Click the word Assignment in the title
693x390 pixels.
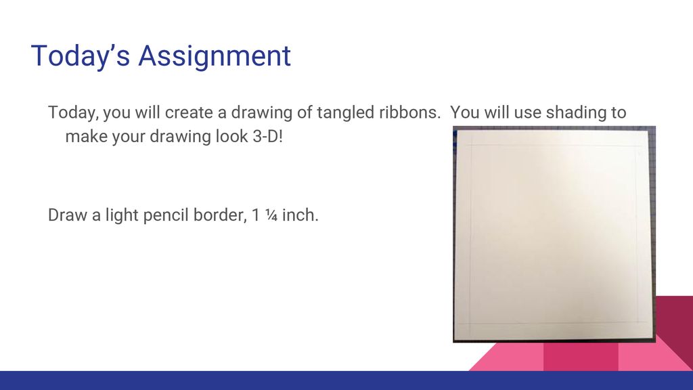coord(215,56)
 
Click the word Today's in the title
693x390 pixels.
coord(81,56)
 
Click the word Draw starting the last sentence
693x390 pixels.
coord(66,216)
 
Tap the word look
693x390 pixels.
coord(220,136)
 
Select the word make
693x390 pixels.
coord(83,136)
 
